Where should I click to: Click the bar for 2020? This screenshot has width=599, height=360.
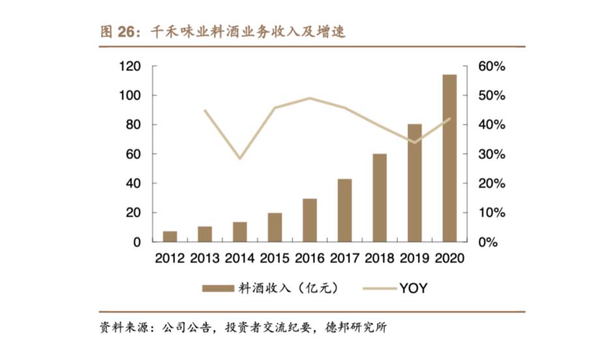449,158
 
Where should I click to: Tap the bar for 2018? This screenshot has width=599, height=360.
380,198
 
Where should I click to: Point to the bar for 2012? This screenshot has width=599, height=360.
170,236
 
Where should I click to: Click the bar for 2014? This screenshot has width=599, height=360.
240,232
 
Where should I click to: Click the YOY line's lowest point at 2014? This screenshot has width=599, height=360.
240,158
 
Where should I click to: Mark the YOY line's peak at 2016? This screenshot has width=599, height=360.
310,98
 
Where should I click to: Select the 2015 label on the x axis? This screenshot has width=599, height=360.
275,258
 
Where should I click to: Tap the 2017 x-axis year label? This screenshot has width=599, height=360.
344,258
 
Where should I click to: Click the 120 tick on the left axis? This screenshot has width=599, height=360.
131,66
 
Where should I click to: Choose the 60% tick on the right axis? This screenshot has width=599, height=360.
492,66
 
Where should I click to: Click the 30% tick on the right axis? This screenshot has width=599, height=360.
492,154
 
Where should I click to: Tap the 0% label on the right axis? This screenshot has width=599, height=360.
488,242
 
